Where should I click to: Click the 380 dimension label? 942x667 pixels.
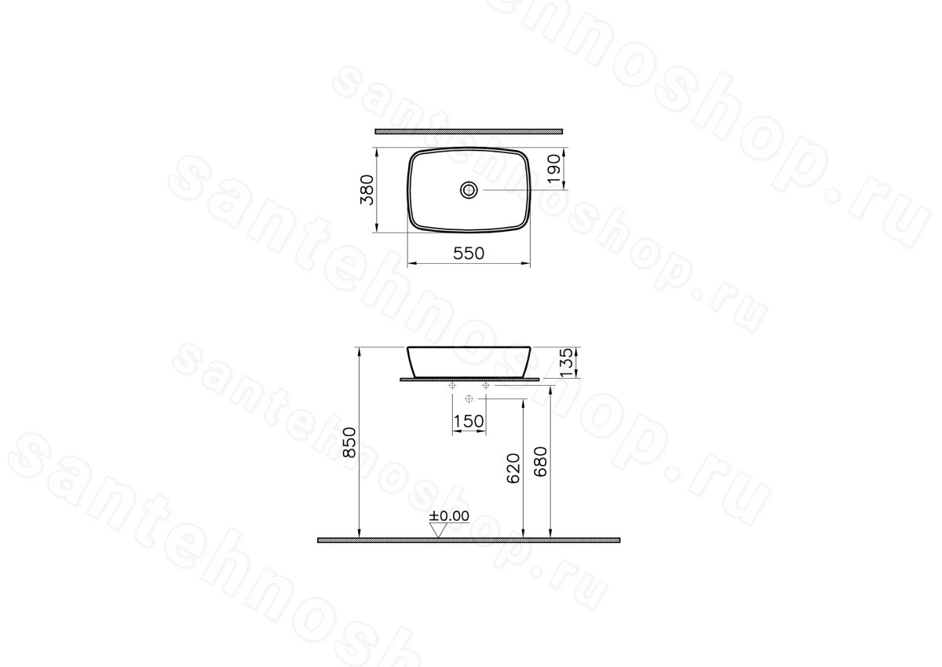(367, 190)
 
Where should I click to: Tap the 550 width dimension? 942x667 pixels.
(469, 253)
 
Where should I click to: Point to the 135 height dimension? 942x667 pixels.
(567, 362)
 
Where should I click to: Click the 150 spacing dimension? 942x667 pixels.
(469, 421)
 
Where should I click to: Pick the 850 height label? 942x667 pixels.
(349, 442)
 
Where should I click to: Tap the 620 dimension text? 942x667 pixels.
(513, 468)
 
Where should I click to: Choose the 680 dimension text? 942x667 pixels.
(540, 462)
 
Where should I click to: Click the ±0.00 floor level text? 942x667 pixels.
(449, 516)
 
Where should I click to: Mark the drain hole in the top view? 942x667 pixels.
(469, 190)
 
